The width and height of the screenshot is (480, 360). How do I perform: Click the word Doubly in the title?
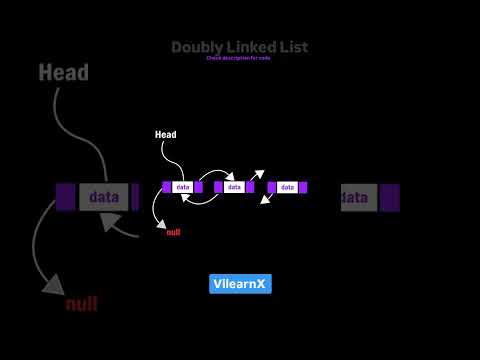(193, 47)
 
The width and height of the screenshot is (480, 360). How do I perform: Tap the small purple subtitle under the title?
(240, 59)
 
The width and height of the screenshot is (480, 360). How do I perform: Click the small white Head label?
(165, 134)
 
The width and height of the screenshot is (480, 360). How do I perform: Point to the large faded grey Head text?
(64, 73)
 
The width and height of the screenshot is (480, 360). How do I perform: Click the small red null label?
(173, 232)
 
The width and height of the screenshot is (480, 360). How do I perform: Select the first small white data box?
(183, 187)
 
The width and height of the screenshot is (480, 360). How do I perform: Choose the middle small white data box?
(235, 187)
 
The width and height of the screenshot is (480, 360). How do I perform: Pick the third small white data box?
(287, 187)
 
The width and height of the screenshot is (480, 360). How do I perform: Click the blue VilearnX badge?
(240, 284)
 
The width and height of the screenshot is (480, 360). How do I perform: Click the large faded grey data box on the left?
(102, 197)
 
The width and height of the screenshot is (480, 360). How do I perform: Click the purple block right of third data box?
(303, 187)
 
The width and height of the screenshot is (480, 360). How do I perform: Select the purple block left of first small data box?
(167, 187)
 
